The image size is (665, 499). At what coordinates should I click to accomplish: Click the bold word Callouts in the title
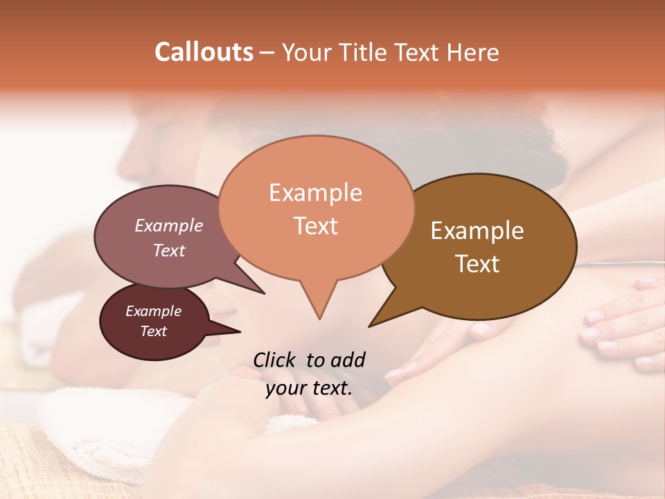coord(204,52)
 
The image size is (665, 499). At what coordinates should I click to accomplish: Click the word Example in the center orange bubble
coord(315,193)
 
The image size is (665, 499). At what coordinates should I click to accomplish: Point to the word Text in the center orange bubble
coord(315,226)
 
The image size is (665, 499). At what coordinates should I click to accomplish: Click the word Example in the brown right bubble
coord(477,231)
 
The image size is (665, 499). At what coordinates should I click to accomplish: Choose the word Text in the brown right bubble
coord(477,264)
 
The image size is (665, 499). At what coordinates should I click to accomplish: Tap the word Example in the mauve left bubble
coord(168,225)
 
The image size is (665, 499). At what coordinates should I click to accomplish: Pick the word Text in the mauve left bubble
coord(168,250)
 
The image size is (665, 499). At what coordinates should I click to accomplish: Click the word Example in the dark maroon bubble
coord(153,311)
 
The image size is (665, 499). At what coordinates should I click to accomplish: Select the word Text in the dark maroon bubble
coord(153,331)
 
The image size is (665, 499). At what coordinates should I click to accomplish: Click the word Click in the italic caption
coord(275,360)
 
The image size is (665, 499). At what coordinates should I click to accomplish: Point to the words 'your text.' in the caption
coord(308,389)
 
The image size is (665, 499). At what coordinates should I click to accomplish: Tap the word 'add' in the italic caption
coord(348,360)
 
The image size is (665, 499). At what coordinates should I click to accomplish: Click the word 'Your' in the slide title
coord(308,52)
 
